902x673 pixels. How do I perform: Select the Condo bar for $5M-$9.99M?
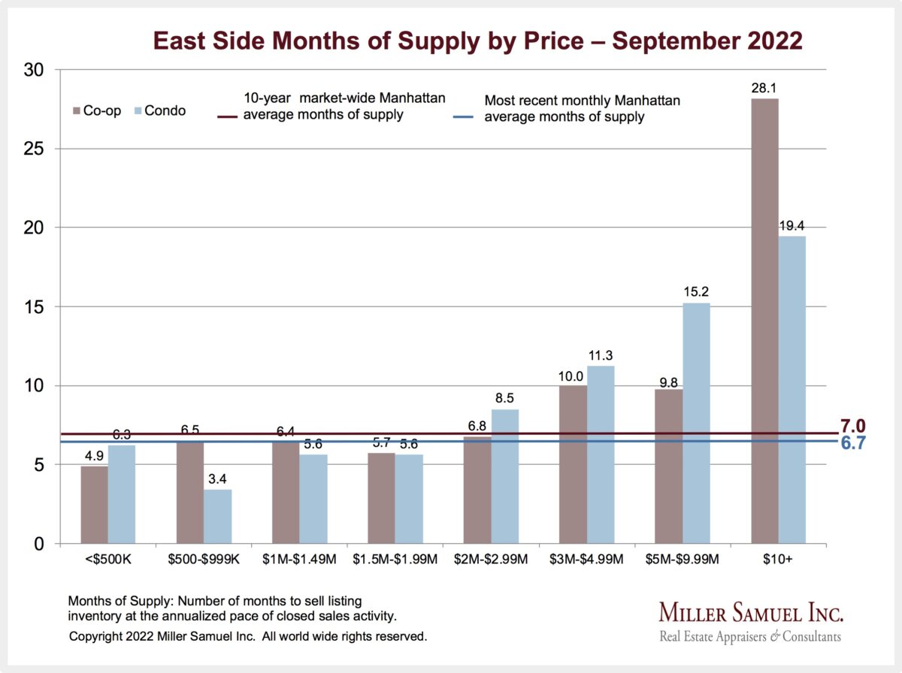pos(696,424)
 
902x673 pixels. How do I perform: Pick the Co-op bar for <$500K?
pos(94,505)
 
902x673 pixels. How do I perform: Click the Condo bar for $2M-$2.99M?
pos(505,476)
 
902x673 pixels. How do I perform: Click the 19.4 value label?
pos(792,226)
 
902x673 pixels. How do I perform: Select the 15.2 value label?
pos(696,294)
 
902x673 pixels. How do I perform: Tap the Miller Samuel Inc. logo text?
pos(751,612)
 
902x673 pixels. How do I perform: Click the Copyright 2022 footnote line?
pos(248,636)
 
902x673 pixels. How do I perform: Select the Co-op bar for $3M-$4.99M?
pos(574,465)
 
